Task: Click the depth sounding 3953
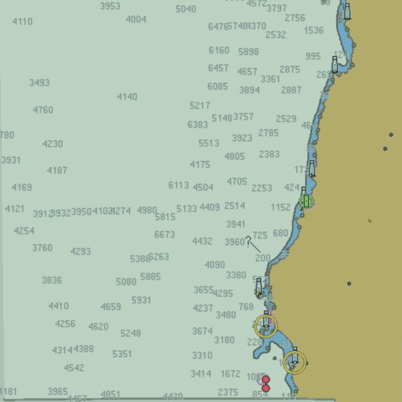click(x=110, y=6)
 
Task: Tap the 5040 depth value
click(x=186, y=9)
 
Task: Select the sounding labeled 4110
click(x=22, y=21)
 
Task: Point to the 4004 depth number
click(x=136, y=19)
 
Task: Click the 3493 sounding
click(x=39, y=83)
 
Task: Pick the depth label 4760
click(x=43, y=110)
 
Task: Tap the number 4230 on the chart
click(x=52, y=144)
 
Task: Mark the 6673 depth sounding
click(x=164, y=234)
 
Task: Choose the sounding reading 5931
click(x=141, y=300)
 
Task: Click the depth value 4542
click(x=74, y=368)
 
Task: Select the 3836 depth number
click(x=52, y=280)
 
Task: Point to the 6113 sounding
click(x=178, y=185)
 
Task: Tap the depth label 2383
click(x=269, y=154)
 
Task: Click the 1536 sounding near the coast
click(x=313, y=30)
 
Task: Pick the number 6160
click(x=218, y=50)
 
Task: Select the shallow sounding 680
click(x=280, y=233)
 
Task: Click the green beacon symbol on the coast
click(x=306, y=200)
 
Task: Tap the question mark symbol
click(x=248, y=241)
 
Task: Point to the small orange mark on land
click(x=369, y=220)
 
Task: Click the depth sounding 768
click(x=246, y=307)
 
